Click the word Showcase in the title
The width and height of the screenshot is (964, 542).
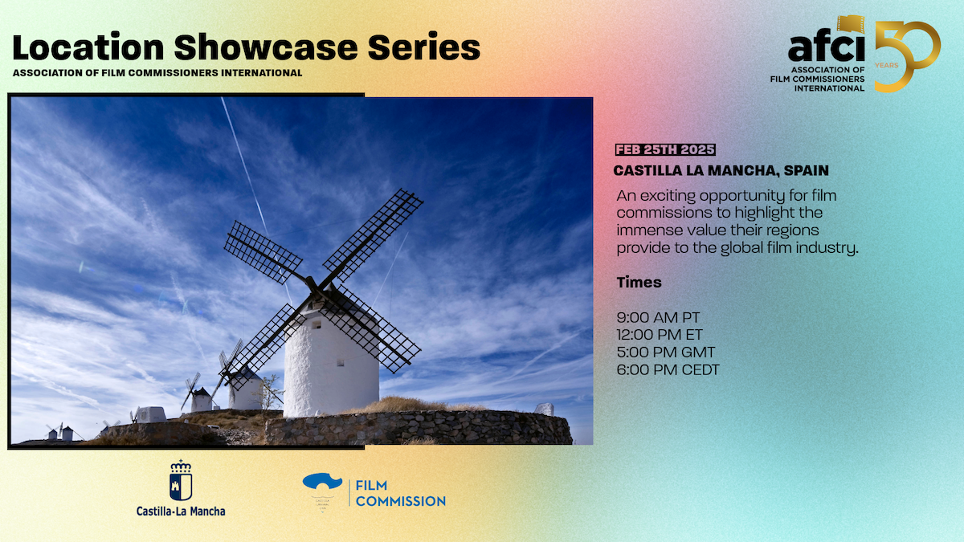[x=266, y=47]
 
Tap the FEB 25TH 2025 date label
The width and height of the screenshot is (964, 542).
[x=665, y=149]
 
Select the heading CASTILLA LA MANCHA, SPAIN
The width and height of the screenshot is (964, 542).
[x=721, y=171]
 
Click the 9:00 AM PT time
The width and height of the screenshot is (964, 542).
[x=658, y=317]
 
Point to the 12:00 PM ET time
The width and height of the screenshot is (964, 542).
[x=660, y=335]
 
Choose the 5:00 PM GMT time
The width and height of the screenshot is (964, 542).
[x=666, y=353]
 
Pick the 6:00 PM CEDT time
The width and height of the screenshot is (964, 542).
[x=668, y=370]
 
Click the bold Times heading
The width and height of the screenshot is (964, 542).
[x=639, y=282]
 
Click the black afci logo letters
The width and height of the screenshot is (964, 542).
[x=827, y=48]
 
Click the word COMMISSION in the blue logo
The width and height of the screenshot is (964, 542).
[x=401, y=501]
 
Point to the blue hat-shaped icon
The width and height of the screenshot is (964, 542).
[x=322, y=481]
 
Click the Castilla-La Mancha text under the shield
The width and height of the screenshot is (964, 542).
[x=181, y=511]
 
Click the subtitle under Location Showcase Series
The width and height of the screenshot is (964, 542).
[x=157, y=73]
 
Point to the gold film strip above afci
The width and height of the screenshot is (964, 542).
[x=851, y=24]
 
